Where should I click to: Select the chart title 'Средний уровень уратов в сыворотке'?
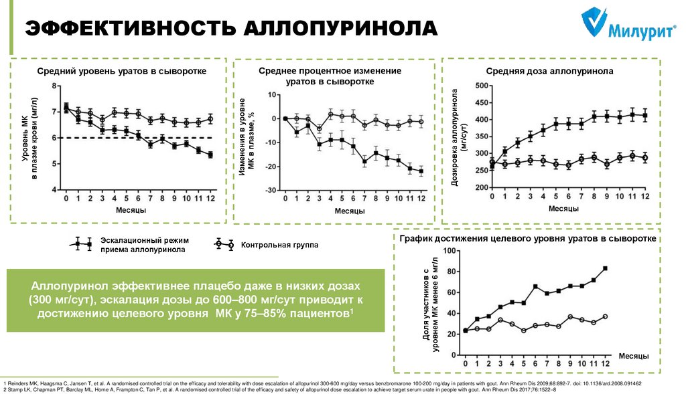pyautogui.click(x=121, y=71)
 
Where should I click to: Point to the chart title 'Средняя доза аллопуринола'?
pyautogui.click(x=549, y=71)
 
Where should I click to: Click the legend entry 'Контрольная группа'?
pyautogui.click(x=279, y=245)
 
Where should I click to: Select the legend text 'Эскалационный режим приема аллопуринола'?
pyautogui.click(x=145, y=245)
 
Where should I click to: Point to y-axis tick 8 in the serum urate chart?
pyautogui.click(x=55, y=86)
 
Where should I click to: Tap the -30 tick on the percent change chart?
pyautogui.click(x=271, y=191)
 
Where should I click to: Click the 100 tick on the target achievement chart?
pyautogui.click(x=449, y=251)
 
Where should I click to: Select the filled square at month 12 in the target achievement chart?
pyautogui.click(x=606, y=268)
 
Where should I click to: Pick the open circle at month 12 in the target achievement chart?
pyautogui.click(x=606, y=316)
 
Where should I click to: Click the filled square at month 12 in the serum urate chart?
pyautogui.click(x=211, y=155)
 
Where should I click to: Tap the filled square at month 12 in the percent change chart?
pyautogui.click(x=421, y=171)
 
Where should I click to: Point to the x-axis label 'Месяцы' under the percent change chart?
pyautogui.click(x=350, y=211)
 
